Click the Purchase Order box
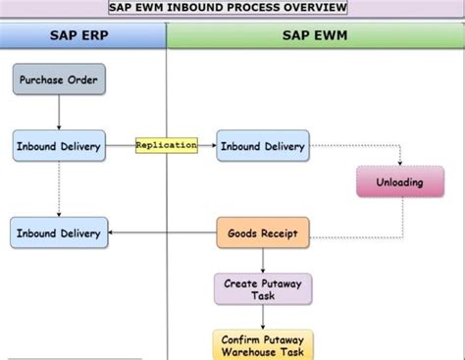click(58, 79)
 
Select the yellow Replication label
click(166, 145)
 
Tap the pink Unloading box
click(400, 181)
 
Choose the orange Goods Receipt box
click(262, 233)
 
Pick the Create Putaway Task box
click(263, 288)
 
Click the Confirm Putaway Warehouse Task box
click(263, 345)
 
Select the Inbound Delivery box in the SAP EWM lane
click(262, 146)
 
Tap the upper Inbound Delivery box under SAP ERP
click(59, 146)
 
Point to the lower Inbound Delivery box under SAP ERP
click(59, 233)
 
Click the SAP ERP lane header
click(83, 37)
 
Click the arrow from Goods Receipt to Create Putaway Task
click(263, 261)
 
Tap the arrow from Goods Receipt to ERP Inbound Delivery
click(162, 233)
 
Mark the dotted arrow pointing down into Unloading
click(400, 157)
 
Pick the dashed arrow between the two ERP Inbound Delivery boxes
click(59, 190)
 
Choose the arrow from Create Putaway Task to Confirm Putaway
click(263, 317)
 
